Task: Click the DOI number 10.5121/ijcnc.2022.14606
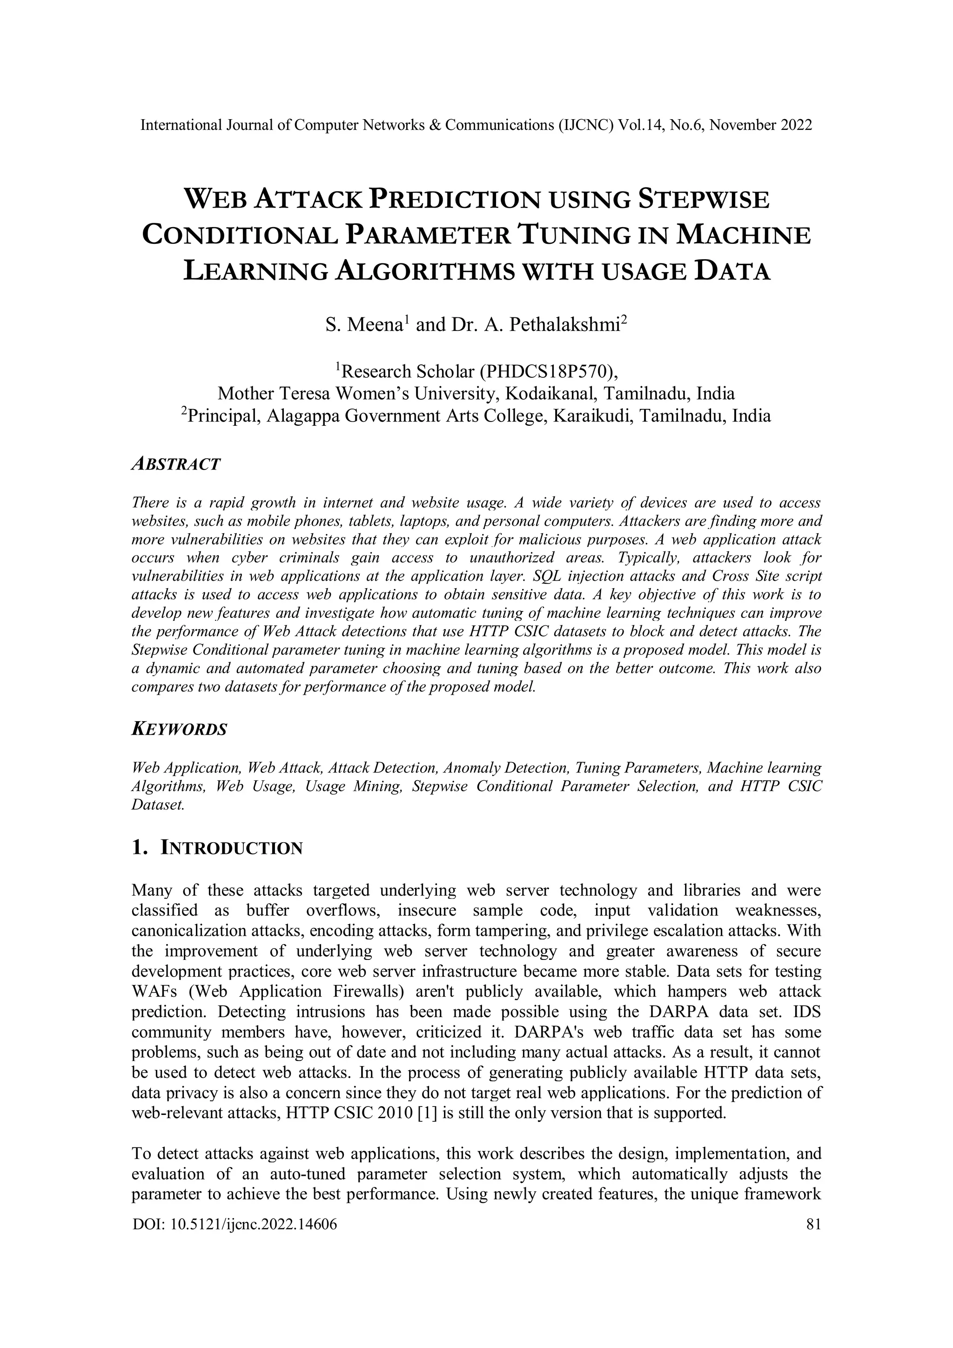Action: [x=253, y=1224]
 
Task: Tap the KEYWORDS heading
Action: [x=179, y=730]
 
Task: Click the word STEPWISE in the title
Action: [x=704, y=200]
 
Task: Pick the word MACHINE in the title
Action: [x=744, y=235]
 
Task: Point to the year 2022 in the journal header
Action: [x=796, y=125]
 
